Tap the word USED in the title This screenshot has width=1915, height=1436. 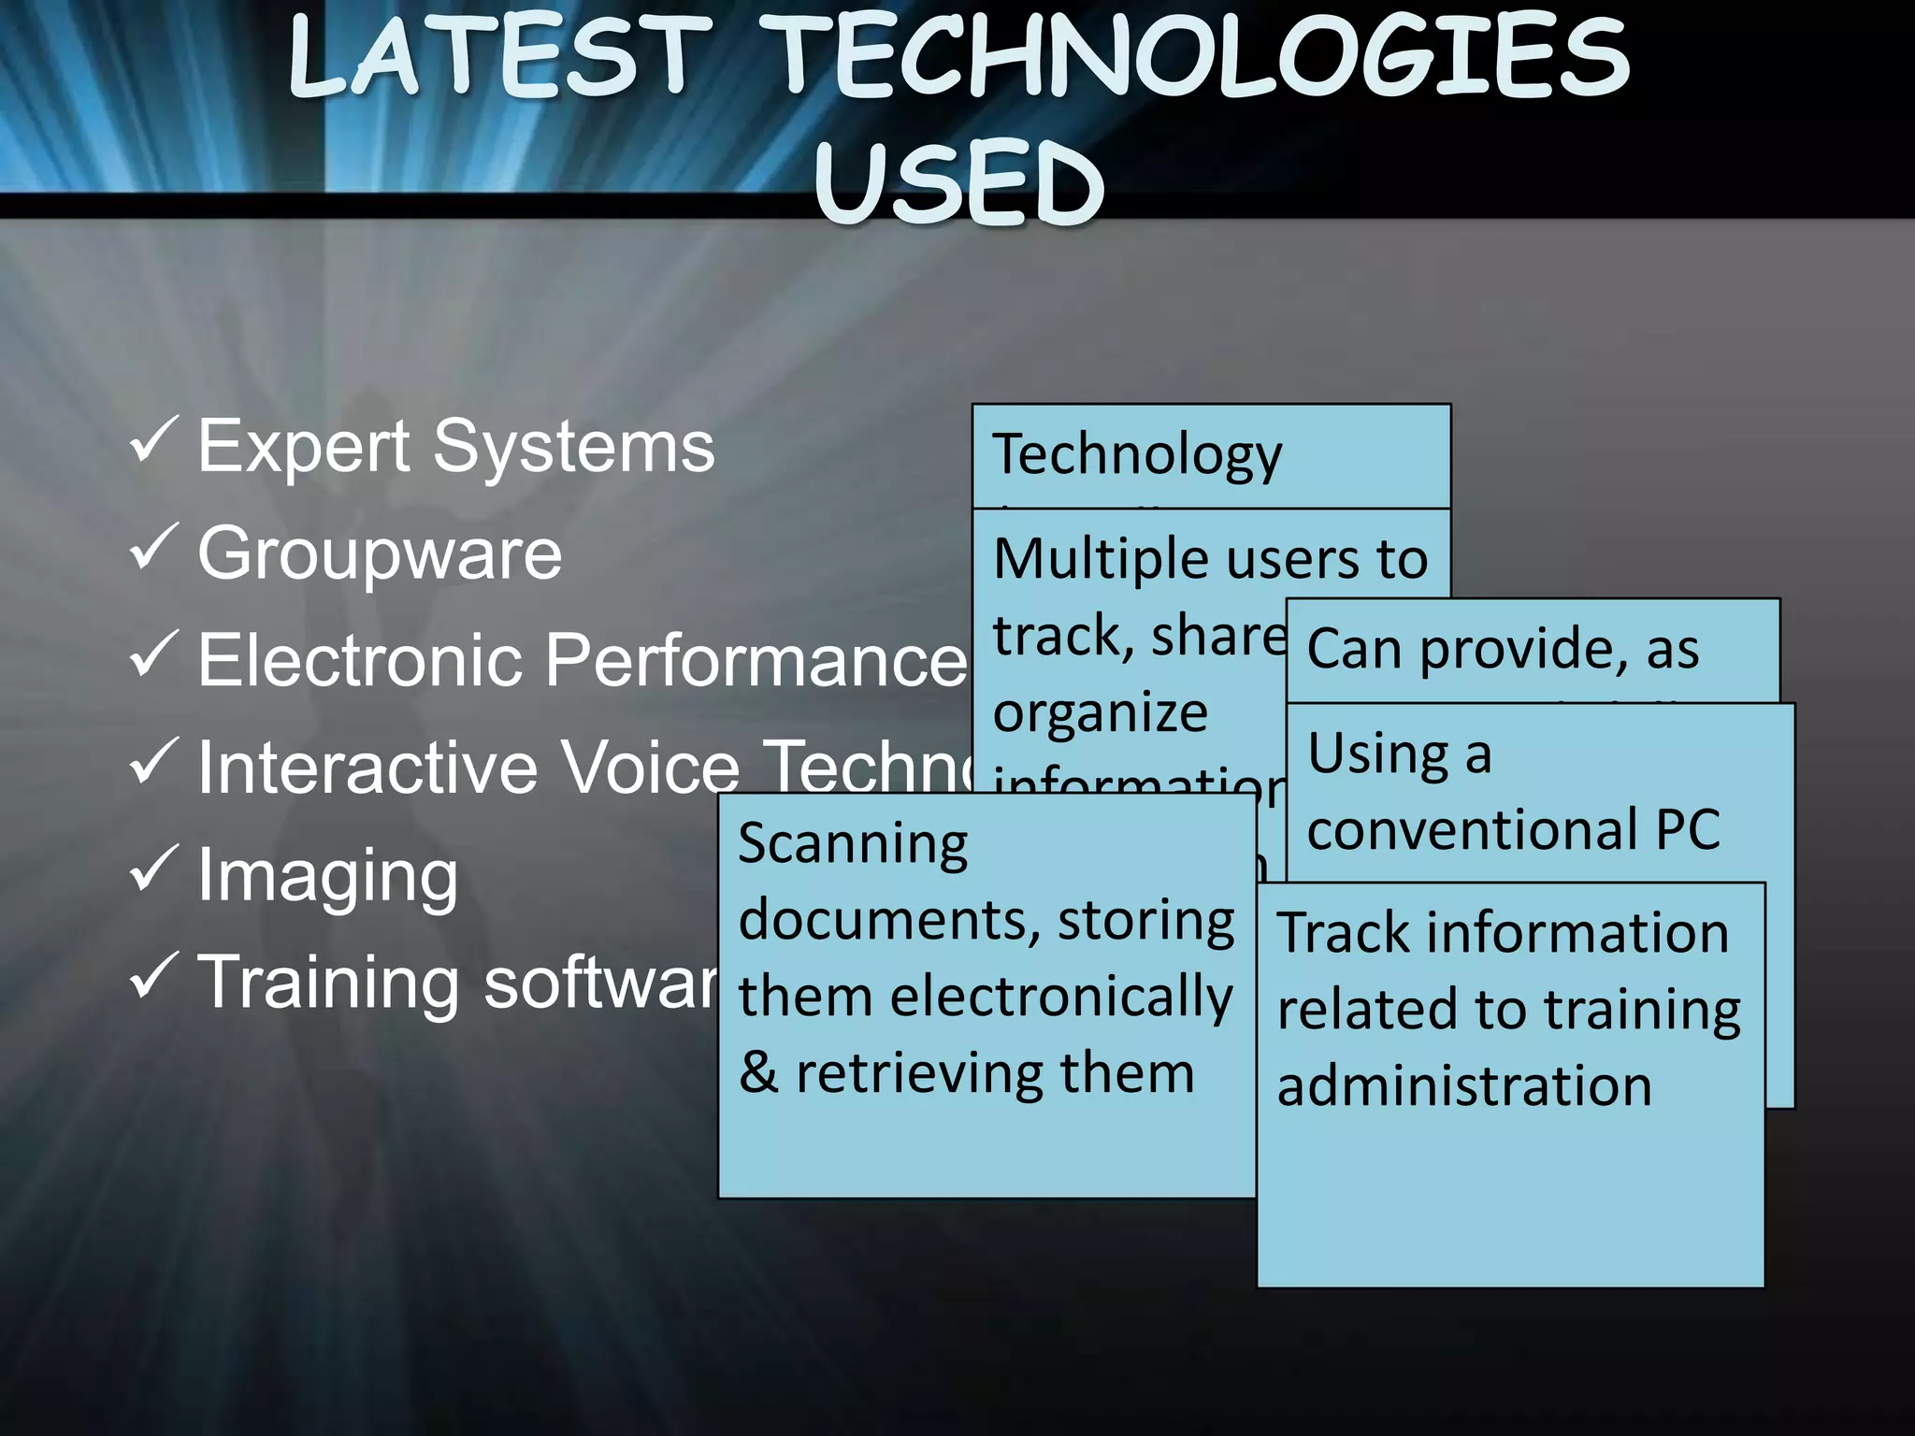[x=959, y=183]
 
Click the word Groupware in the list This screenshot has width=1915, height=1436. [x=380, y=553]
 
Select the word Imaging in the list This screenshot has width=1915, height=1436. [x=327, y=876]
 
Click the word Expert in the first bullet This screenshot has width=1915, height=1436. [x=304, y=447]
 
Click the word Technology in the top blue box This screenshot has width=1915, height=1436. [x=1136, y=455]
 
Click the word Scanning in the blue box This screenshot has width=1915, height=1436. [x=853, y=844]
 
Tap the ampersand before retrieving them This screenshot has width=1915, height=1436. [x=757, y=1072]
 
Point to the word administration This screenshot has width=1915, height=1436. [x=1464, y=1085]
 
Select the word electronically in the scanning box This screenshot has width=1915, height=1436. [x=1061, y=997]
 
